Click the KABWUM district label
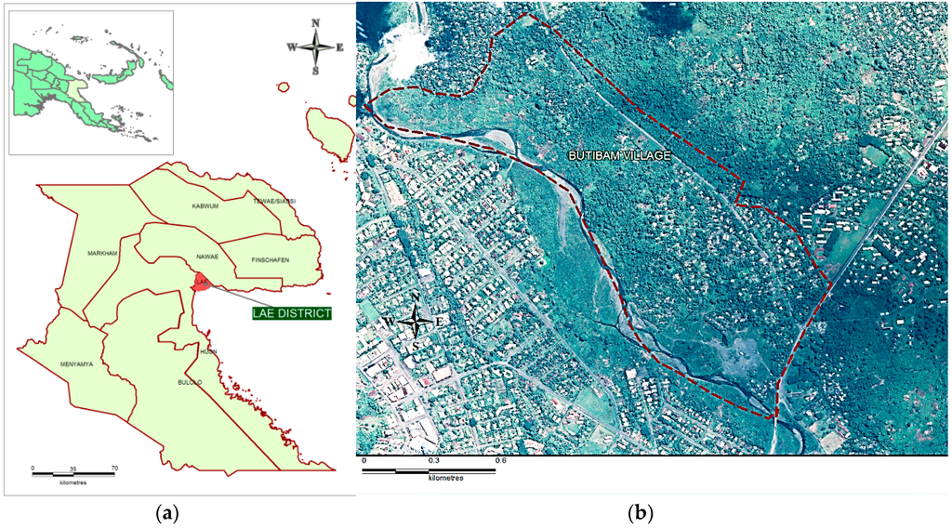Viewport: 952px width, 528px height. click(x=205, y=205)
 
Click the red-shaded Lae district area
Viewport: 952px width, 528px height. click(x=201, y=282)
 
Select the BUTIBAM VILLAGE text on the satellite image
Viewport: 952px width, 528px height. click(x=619, y=156)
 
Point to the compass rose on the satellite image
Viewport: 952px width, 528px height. click(x=418, y=323)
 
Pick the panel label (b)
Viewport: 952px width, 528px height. click(x=640, y=511)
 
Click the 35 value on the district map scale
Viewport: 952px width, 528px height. click(x=73, y=468)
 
